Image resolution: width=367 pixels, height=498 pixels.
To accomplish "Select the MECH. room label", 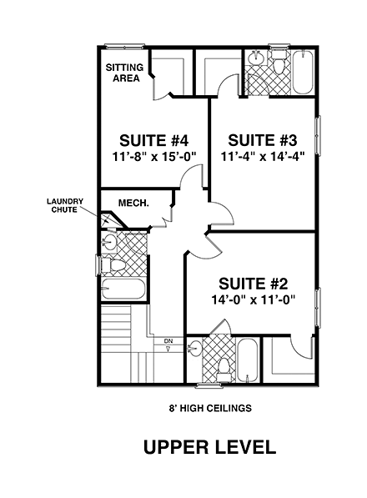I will pos(133,202).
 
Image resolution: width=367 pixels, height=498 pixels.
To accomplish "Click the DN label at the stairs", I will pos(168,342).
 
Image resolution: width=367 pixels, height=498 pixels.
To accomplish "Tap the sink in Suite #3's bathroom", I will pos(256,60).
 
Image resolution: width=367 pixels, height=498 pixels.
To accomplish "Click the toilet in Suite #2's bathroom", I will pos(223,365).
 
